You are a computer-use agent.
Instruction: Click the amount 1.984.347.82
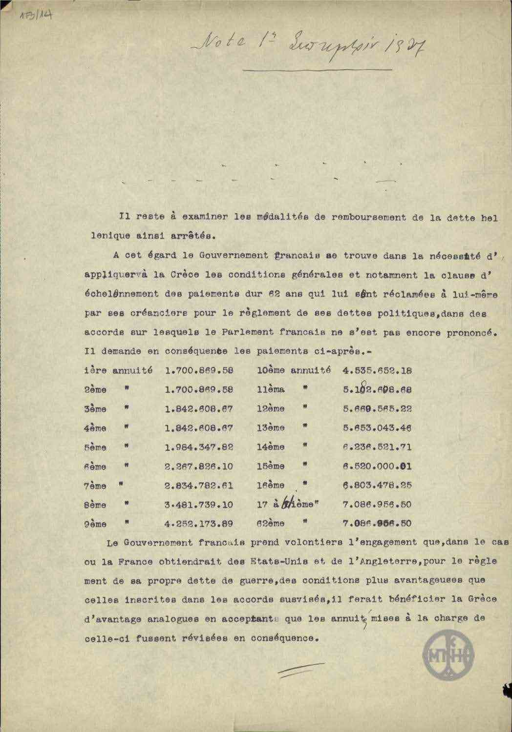click(199, 447)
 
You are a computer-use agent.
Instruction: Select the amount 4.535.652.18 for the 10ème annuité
click(377, 371)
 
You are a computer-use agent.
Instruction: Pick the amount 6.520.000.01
click(377, 467)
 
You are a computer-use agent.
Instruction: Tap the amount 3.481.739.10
click(199, 505)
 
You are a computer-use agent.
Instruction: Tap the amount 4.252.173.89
click(199, 524)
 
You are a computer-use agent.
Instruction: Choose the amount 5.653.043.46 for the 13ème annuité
click(377, 428)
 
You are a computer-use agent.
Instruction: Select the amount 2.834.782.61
click(199, 486)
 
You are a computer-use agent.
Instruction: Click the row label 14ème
click(271, 447)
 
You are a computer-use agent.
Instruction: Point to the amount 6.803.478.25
click(377, 486)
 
